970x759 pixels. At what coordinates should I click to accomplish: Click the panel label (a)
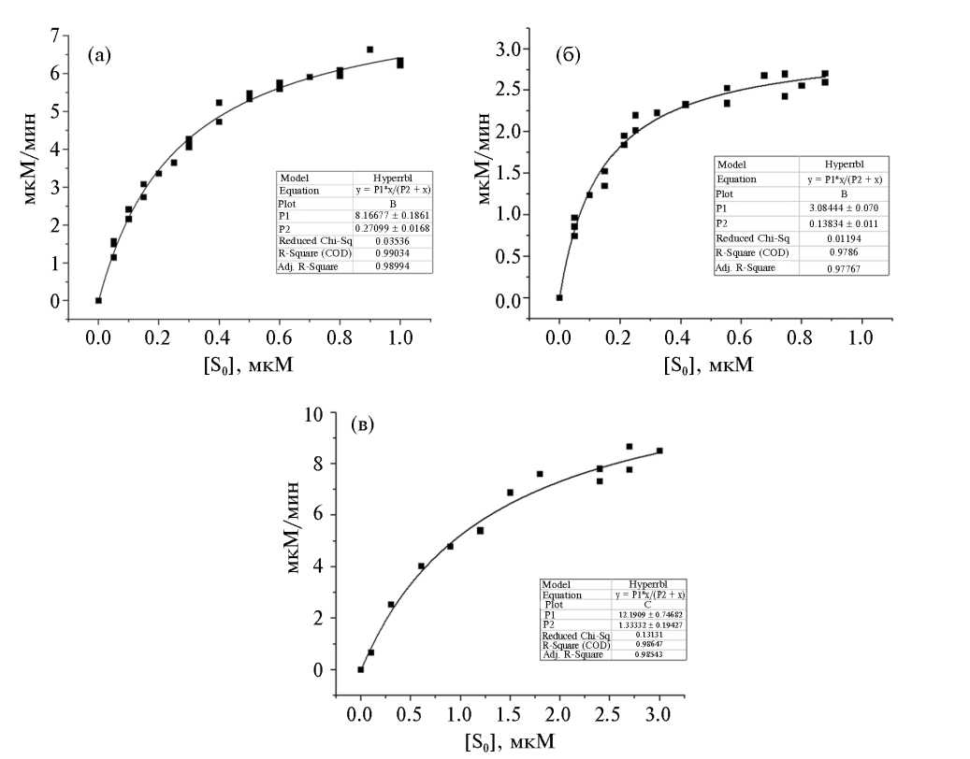coord(99,55)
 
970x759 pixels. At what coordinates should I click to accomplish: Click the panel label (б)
coord(568,56)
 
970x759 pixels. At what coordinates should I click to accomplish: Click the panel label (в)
coord(362,424)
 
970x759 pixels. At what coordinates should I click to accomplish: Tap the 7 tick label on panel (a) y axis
coord(55,36)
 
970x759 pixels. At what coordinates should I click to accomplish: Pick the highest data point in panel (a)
coord(369,50)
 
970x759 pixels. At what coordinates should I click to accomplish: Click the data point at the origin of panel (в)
coord(360,669)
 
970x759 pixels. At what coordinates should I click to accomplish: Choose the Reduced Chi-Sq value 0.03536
coord(393,239)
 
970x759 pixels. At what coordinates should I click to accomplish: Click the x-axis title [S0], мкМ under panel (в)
coord(509,741)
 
